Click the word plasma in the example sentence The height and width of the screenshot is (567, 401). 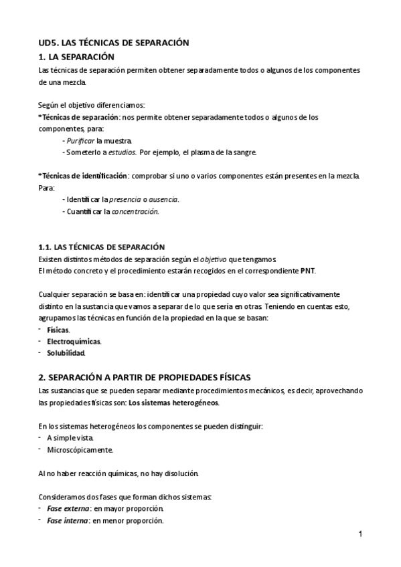(x=204, y=152)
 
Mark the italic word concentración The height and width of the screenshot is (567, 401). (x=136, y=211)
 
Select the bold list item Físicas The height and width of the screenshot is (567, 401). (x=58, y=330)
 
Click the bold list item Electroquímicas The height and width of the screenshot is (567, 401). (x=74, y=342)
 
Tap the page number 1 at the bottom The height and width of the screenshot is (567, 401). (x=360, y=534)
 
